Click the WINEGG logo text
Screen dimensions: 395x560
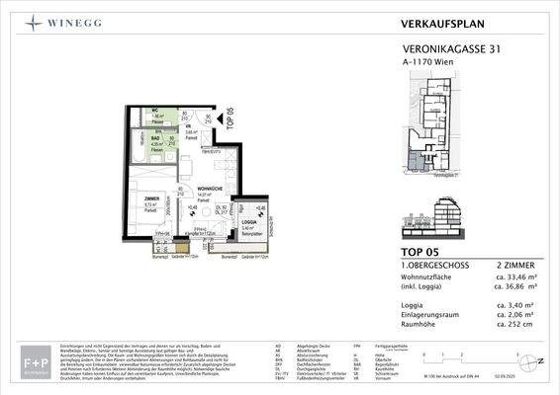pyautogui.click(x=73, y=20)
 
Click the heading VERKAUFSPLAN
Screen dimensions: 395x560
pyautogui.click(x=442, y=20)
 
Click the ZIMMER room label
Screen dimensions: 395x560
pyautogui.click(x=138, y=198)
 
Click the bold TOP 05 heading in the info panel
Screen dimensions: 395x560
pyautogui.click(x=423, y=254)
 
